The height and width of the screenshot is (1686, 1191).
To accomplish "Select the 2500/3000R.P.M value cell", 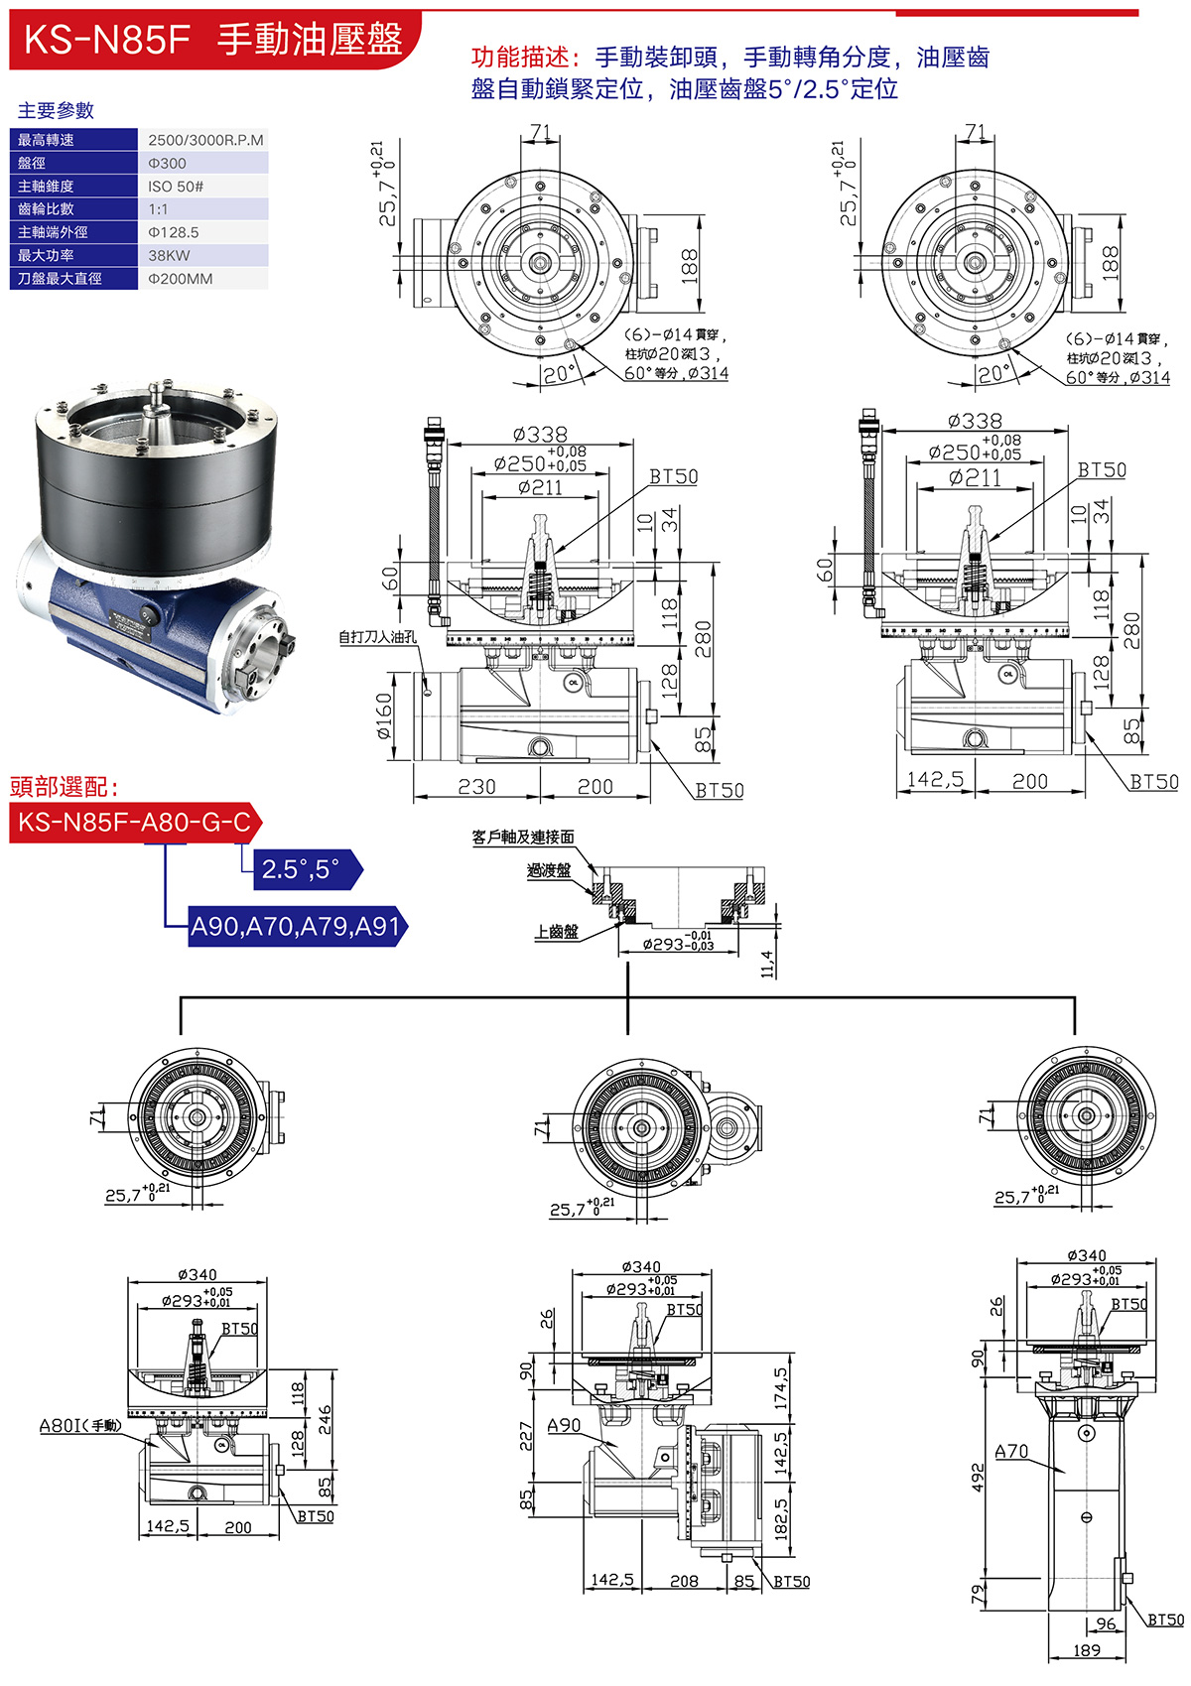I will click(x=205, y=140).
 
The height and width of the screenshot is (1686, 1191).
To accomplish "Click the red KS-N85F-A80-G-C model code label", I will click(x=135, y=823).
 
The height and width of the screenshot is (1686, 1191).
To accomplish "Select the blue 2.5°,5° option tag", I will click(x=301, y=870).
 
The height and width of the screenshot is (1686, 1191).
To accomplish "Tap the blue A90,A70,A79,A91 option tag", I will click(x=296, y=927).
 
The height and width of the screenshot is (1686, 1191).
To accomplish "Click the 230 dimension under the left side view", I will click(x=476, y=786).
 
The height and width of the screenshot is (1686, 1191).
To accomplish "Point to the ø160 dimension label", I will click(x=385, y=716).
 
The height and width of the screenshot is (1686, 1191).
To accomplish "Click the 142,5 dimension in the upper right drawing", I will click(x=936, y=780).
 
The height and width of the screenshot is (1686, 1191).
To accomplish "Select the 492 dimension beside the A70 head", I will click(x=979, y=1478).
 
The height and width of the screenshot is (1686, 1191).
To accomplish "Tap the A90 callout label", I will click(x=564, y=1425).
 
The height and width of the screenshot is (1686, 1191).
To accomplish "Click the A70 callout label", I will click(x=1011, y=1451).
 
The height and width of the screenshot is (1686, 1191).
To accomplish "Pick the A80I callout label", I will click(x=79, y=1425).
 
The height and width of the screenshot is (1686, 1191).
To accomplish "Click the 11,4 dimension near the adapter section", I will click(x=766, y=964).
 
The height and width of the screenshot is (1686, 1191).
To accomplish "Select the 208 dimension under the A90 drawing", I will click(x=684, y=1581).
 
